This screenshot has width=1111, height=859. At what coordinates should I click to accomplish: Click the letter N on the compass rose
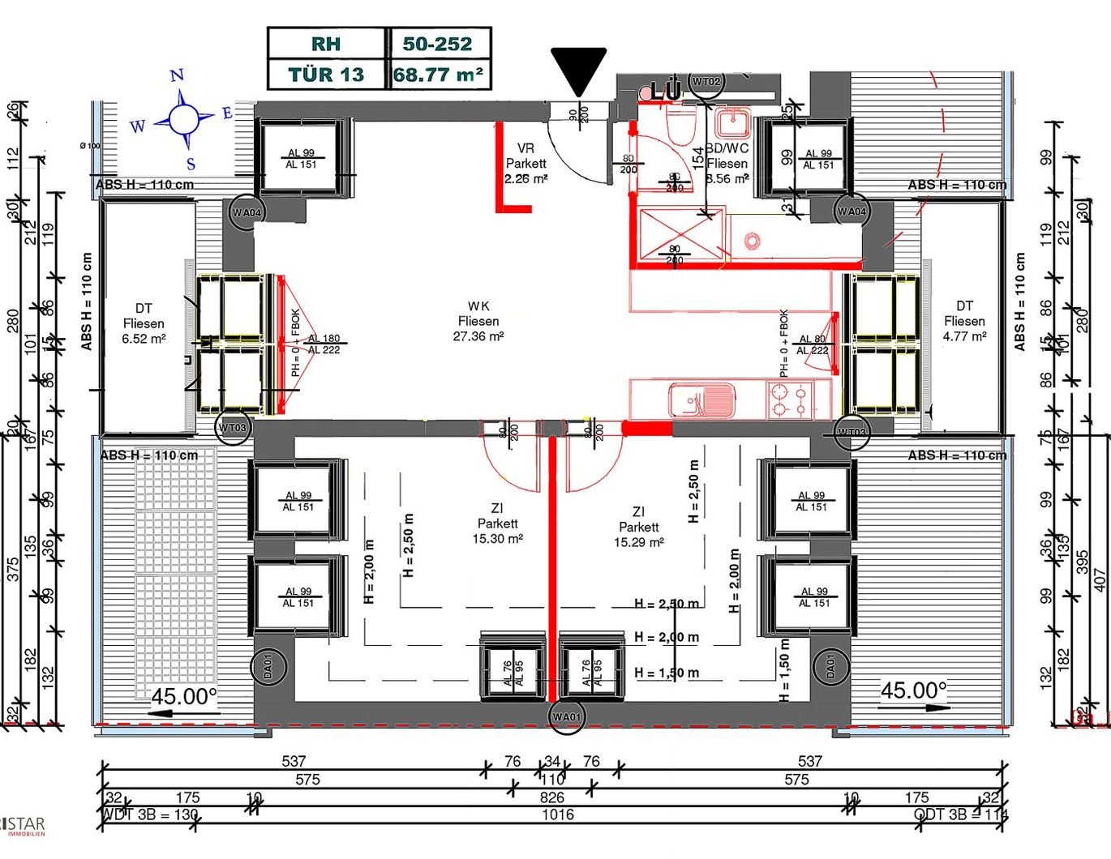click(177, 76)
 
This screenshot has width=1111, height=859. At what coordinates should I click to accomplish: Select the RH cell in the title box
click(326, 44)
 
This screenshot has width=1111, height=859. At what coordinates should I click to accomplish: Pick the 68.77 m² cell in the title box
click(439, 75)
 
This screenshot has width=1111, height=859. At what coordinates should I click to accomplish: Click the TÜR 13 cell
click(326, 75)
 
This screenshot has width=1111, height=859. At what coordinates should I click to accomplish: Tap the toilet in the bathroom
click(680, 126)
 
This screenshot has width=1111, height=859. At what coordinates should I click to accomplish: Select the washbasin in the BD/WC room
click(734, 123)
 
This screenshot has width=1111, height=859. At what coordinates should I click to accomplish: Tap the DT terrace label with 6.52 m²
click(144, 323)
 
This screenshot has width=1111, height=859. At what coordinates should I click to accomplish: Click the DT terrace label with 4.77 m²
click(964, 321)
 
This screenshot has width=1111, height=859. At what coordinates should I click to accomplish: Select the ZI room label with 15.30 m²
click(497, 524)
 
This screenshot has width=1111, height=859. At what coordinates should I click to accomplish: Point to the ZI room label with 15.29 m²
click(638, 527)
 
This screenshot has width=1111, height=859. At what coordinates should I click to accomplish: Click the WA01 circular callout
click(566, 717)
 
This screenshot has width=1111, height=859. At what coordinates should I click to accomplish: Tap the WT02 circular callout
click(706, 82)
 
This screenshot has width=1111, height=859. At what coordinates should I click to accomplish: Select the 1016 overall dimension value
click(558, 815)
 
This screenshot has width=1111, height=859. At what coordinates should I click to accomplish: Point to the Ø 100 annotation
click(90, 146)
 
